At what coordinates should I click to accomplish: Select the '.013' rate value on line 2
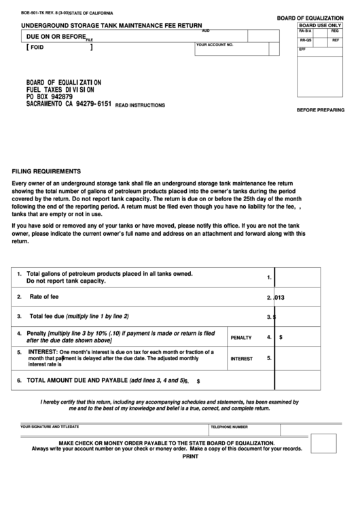coord(278,297)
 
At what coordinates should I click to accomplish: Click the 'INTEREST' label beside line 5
coord(242,359)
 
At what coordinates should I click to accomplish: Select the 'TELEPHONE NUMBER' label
coord(229,427)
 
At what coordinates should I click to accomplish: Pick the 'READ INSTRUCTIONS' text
coord(140,105)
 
